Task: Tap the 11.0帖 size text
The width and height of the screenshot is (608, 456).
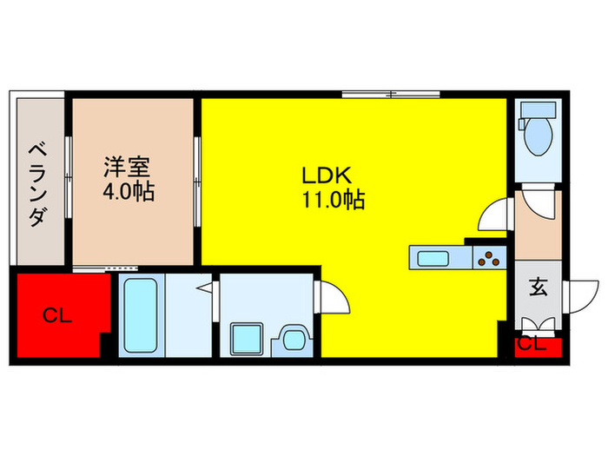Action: (x=333, y=201)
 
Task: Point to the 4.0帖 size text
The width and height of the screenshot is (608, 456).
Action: (x=129, y=192)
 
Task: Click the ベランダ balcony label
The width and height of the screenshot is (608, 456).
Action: (x=36, y=182)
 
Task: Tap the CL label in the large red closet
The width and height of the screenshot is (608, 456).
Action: (x=58, y=316)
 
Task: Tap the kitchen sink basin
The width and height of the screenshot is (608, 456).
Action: (x=432, y=258)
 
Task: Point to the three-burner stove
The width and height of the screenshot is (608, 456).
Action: (x=488, y=258)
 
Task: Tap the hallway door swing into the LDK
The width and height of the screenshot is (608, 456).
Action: (x=492, y=215)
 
